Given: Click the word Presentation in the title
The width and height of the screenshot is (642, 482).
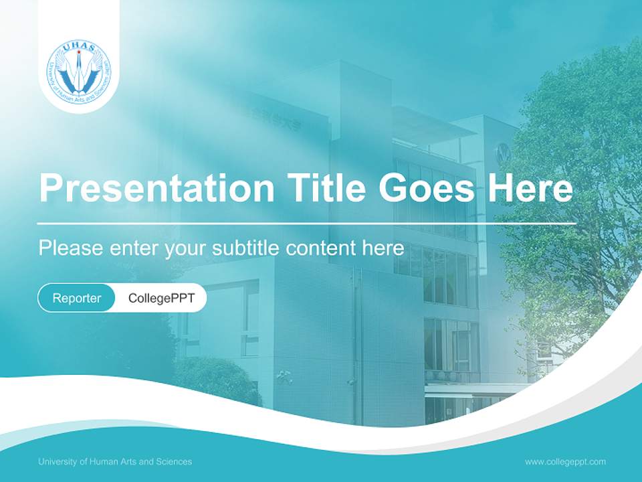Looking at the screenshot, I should (x=156, y=188).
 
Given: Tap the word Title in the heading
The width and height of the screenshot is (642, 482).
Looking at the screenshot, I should (x=326, y=188).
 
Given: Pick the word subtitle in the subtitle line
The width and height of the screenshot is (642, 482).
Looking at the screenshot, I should (x=246, y=248).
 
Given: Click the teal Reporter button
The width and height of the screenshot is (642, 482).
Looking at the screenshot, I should (x=77, y=298).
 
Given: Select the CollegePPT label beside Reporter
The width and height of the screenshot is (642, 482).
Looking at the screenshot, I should (x=161, y=298).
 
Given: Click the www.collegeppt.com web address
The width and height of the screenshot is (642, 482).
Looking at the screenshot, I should (x=565, y=461).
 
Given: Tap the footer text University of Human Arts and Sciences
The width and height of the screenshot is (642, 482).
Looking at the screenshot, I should (x=115, y=461).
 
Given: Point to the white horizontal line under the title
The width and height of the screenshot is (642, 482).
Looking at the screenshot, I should (x=307, y=223).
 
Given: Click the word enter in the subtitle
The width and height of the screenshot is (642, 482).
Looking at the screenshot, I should (x=133, y=248).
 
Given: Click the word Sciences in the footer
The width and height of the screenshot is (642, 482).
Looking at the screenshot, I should (x=175, y=461).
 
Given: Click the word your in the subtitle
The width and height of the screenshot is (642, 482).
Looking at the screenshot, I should (x=187, y=248).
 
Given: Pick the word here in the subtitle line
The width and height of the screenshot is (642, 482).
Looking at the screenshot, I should (x=383, y=248).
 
